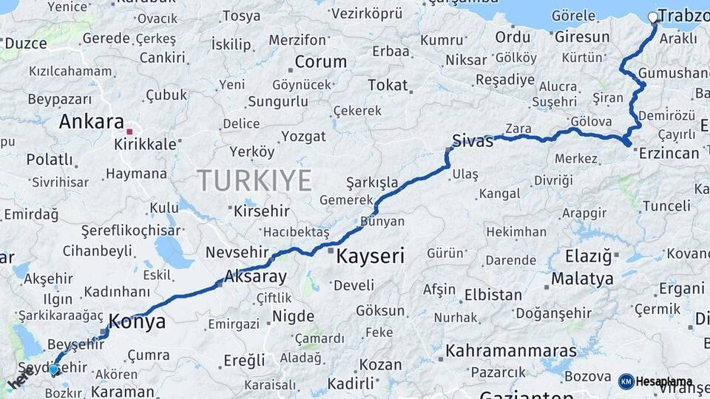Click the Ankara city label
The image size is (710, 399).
91,121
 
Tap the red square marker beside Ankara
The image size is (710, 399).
129,132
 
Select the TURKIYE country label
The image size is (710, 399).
254,180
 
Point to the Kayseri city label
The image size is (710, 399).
370,257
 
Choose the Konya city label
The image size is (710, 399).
137,321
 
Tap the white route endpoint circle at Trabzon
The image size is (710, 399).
652,17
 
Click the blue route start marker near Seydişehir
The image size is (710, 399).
53,369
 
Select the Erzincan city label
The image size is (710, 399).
669,154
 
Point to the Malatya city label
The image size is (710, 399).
582,279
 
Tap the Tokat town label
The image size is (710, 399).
388,85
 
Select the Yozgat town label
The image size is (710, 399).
302,137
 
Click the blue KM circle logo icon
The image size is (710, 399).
626,381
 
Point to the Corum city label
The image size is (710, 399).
321,62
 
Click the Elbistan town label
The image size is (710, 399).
493,295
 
